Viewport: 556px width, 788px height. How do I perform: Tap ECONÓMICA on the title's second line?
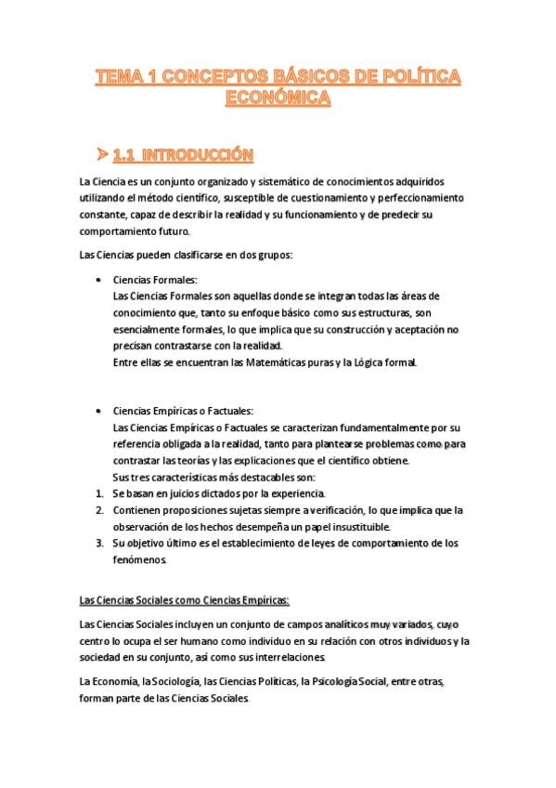click(278, 98)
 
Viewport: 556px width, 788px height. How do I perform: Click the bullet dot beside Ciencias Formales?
click(99, 279)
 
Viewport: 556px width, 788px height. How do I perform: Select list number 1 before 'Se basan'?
click(100, 493)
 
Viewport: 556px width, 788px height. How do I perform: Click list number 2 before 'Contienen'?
click(100, 510)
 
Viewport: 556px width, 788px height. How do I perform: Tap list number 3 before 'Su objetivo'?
click(100, 543)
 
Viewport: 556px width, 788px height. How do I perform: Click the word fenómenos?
click(140, 559)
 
